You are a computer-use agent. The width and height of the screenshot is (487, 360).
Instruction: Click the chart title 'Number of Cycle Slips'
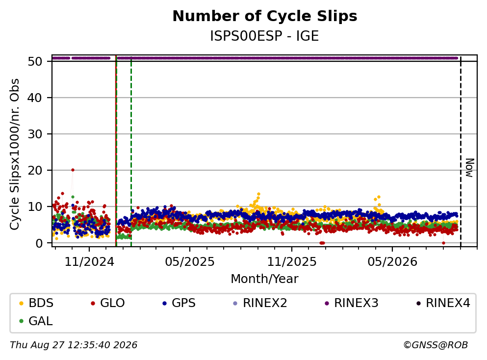(x=265, y=16)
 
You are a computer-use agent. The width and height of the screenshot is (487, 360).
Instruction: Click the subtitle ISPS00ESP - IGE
(x=265, y=36)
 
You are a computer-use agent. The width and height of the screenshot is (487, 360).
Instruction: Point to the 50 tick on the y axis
(x=35, y=61)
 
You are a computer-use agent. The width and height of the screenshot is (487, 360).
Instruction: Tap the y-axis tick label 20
(x=35, y=170)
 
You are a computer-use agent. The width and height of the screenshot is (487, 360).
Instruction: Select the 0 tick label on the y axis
(x=39, y=243)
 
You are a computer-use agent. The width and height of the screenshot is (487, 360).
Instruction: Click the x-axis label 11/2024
(x=89, y=262)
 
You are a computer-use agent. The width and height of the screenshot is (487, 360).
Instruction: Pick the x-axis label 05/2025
(x=190, y=262)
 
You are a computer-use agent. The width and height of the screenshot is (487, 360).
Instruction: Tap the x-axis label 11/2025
(x=292, y=262)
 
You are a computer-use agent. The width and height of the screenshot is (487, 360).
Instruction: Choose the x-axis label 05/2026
(x=392, y=262)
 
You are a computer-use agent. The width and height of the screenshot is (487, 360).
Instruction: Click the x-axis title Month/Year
(x=265, y=279)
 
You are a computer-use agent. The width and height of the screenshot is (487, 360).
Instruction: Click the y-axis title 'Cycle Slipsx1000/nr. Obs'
(x=15, y=154)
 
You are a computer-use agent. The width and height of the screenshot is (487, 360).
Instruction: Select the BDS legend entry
(x=36, y=303)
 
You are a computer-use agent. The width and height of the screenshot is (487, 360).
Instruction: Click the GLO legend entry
(x=107, y=303)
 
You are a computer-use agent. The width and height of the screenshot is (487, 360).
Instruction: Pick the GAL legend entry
(x=36, y=321)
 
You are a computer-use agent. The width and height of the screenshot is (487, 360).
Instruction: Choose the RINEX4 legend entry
(x=443, y=303)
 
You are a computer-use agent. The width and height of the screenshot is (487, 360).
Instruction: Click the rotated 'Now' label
(x=470, y=168)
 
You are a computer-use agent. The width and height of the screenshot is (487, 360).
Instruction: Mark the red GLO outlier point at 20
(x=73, y=170)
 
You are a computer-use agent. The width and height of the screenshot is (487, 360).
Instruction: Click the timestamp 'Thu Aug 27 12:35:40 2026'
(x=74, y=345)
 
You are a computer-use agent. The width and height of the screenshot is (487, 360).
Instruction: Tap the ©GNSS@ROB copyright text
(x=436, y=345)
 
